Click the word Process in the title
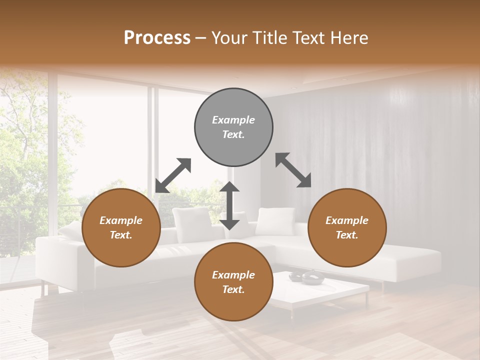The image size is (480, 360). click(157, 38)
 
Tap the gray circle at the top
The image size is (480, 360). click(233, 127)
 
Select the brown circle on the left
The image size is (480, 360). click(121, 228)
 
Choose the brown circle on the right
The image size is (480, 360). click(347, 228)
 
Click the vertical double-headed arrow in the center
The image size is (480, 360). click(229, 205)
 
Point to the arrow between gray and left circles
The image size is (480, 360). click(173, 175)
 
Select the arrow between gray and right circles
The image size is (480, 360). click(293, 170)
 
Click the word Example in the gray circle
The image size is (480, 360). click(233, 120)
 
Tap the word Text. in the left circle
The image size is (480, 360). click(121, 235)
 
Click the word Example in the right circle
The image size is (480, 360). click(347, 220)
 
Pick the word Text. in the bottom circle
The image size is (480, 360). click(233, 289)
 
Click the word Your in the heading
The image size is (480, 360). click(225, 38)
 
